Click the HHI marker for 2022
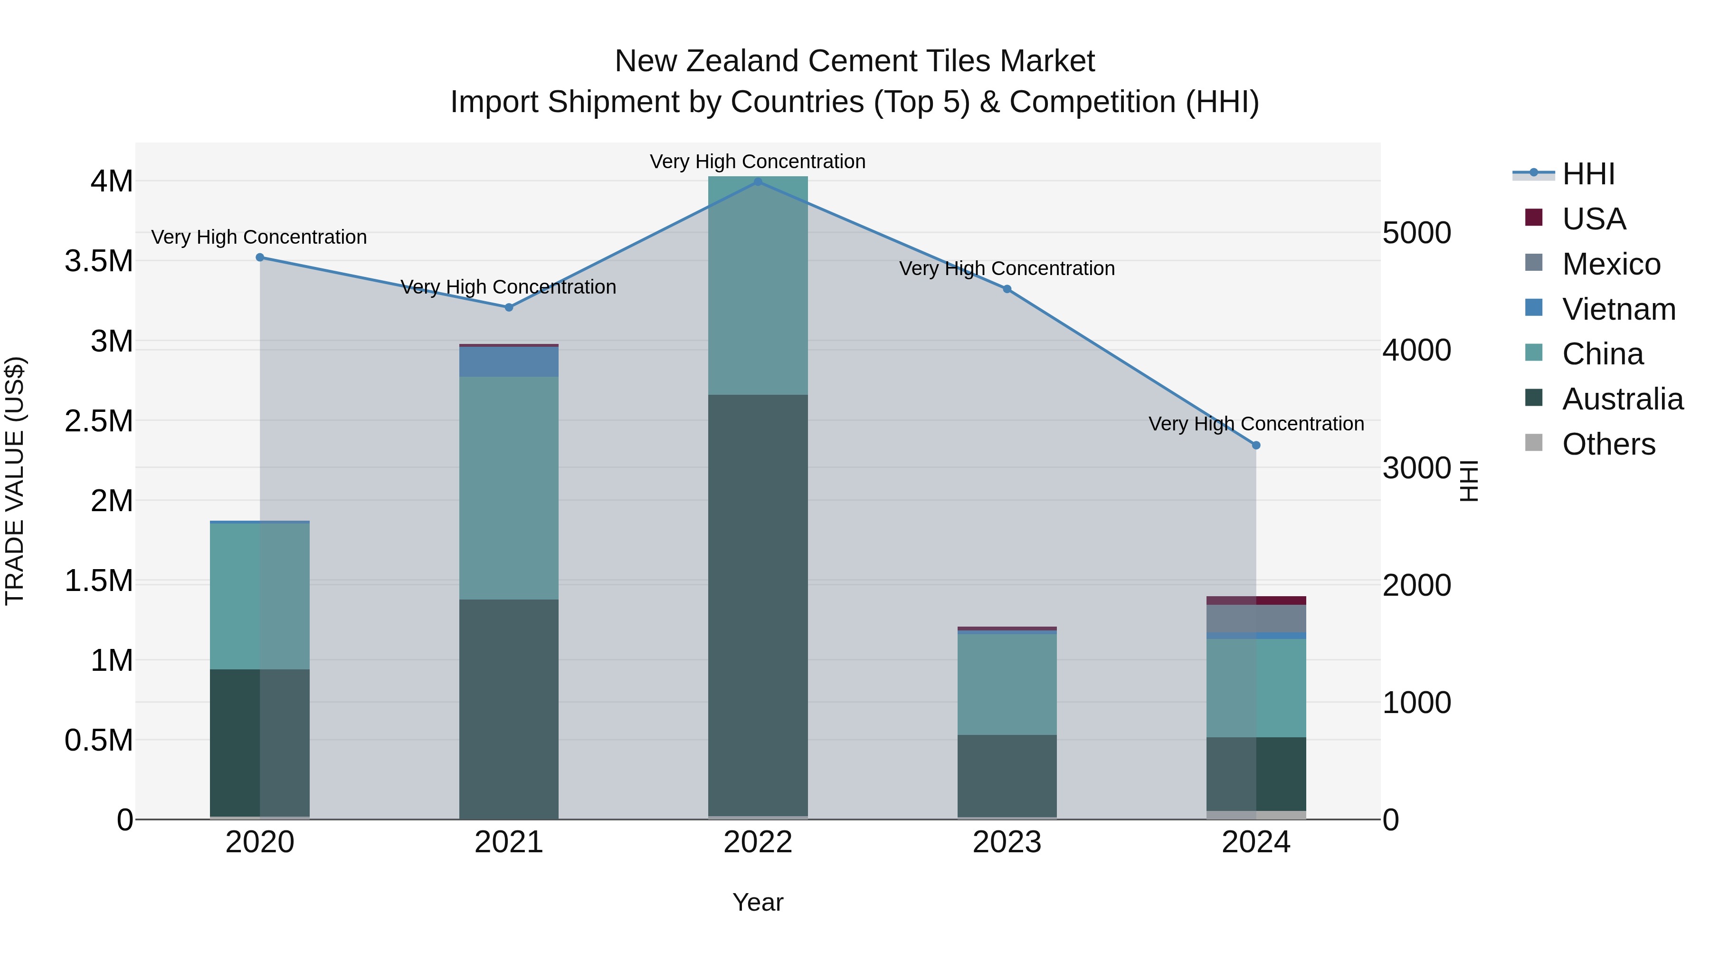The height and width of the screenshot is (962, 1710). pyautogui.click(x=758, y=181)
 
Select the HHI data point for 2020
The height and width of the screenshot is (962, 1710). pyautogui.click(x=259, y=257)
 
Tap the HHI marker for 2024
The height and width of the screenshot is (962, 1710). pyautogui.click(x=1256, y=446)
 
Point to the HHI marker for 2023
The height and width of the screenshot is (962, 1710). pyautogui.click(x=1007, y=289)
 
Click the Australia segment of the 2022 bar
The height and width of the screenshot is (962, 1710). pyautogui.click(x=758, y=604)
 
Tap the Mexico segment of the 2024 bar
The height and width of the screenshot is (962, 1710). pyautogui.click(x=1256, y=619)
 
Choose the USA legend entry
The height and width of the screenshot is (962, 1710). pyautogui.click(x=1593, y=219)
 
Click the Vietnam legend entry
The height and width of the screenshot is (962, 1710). pyautogui.click(x=1618, y=309)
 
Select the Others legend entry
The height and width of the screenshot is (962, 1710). pyautogui.click(x=1608, y=444)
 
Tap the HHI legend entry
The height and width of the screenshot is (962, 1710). pyautogui.click(x=1588, y=174)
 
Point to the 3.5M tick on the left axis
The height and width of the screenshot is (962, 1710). pyautogui.click(x=99, y=261)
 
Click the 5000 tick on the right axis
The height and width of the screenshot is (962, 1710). pyautogui.click(x=1416, y=233)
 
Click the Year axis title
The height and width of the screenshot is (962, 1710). pyautogui.click(x=758, y=902)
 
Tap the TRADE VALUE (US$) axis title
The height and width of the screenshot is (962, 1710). pyautogui.click(x=15, y=481)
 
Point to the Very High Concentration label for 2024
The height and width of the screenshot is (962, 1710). pyautogui.click(x=1256, y=424)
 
